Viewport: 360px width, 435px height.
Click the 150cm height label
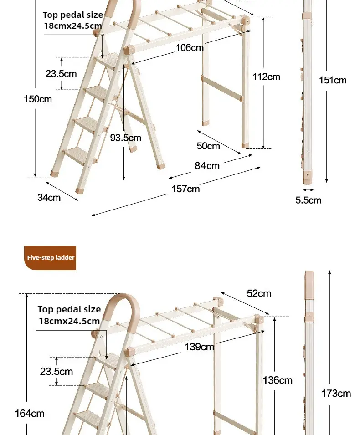[38, 99]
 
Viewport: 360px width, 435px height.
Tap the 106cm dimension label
[190, 48]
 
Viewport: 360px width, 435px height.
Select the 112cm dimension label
[266, 77]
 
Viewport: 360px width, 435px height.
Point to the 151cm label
[333, 80]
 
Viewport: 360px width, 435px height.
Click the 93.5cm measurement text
[125, 138]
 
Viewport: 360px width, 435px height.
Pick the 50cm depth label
[208, 146]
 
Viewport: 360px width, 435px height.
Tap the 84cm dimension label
[207, 166]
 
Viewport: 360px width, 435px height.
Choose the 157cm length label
[185, 189]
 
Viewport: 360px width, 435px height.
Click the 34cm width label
[49, 198]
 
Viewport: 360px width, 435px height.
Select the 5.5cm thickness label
[308, 200]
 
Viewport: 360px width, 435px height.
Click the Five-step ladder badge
[50, 258]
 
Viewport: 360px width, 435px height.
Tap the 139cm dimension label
[199, 347]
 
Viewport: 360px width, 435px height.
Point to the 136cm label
[278, 380]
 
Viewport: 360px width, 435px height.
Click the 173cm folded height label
[336, 394]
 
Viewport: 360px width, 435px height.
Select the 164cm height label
[30, 413]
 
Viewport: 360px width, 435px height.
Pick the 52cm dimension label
[259, 293]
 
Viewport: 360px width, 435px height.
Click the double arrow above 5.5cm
[308, 190]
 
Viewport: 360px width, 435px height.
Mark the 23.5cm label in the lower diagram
[57, 372]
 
